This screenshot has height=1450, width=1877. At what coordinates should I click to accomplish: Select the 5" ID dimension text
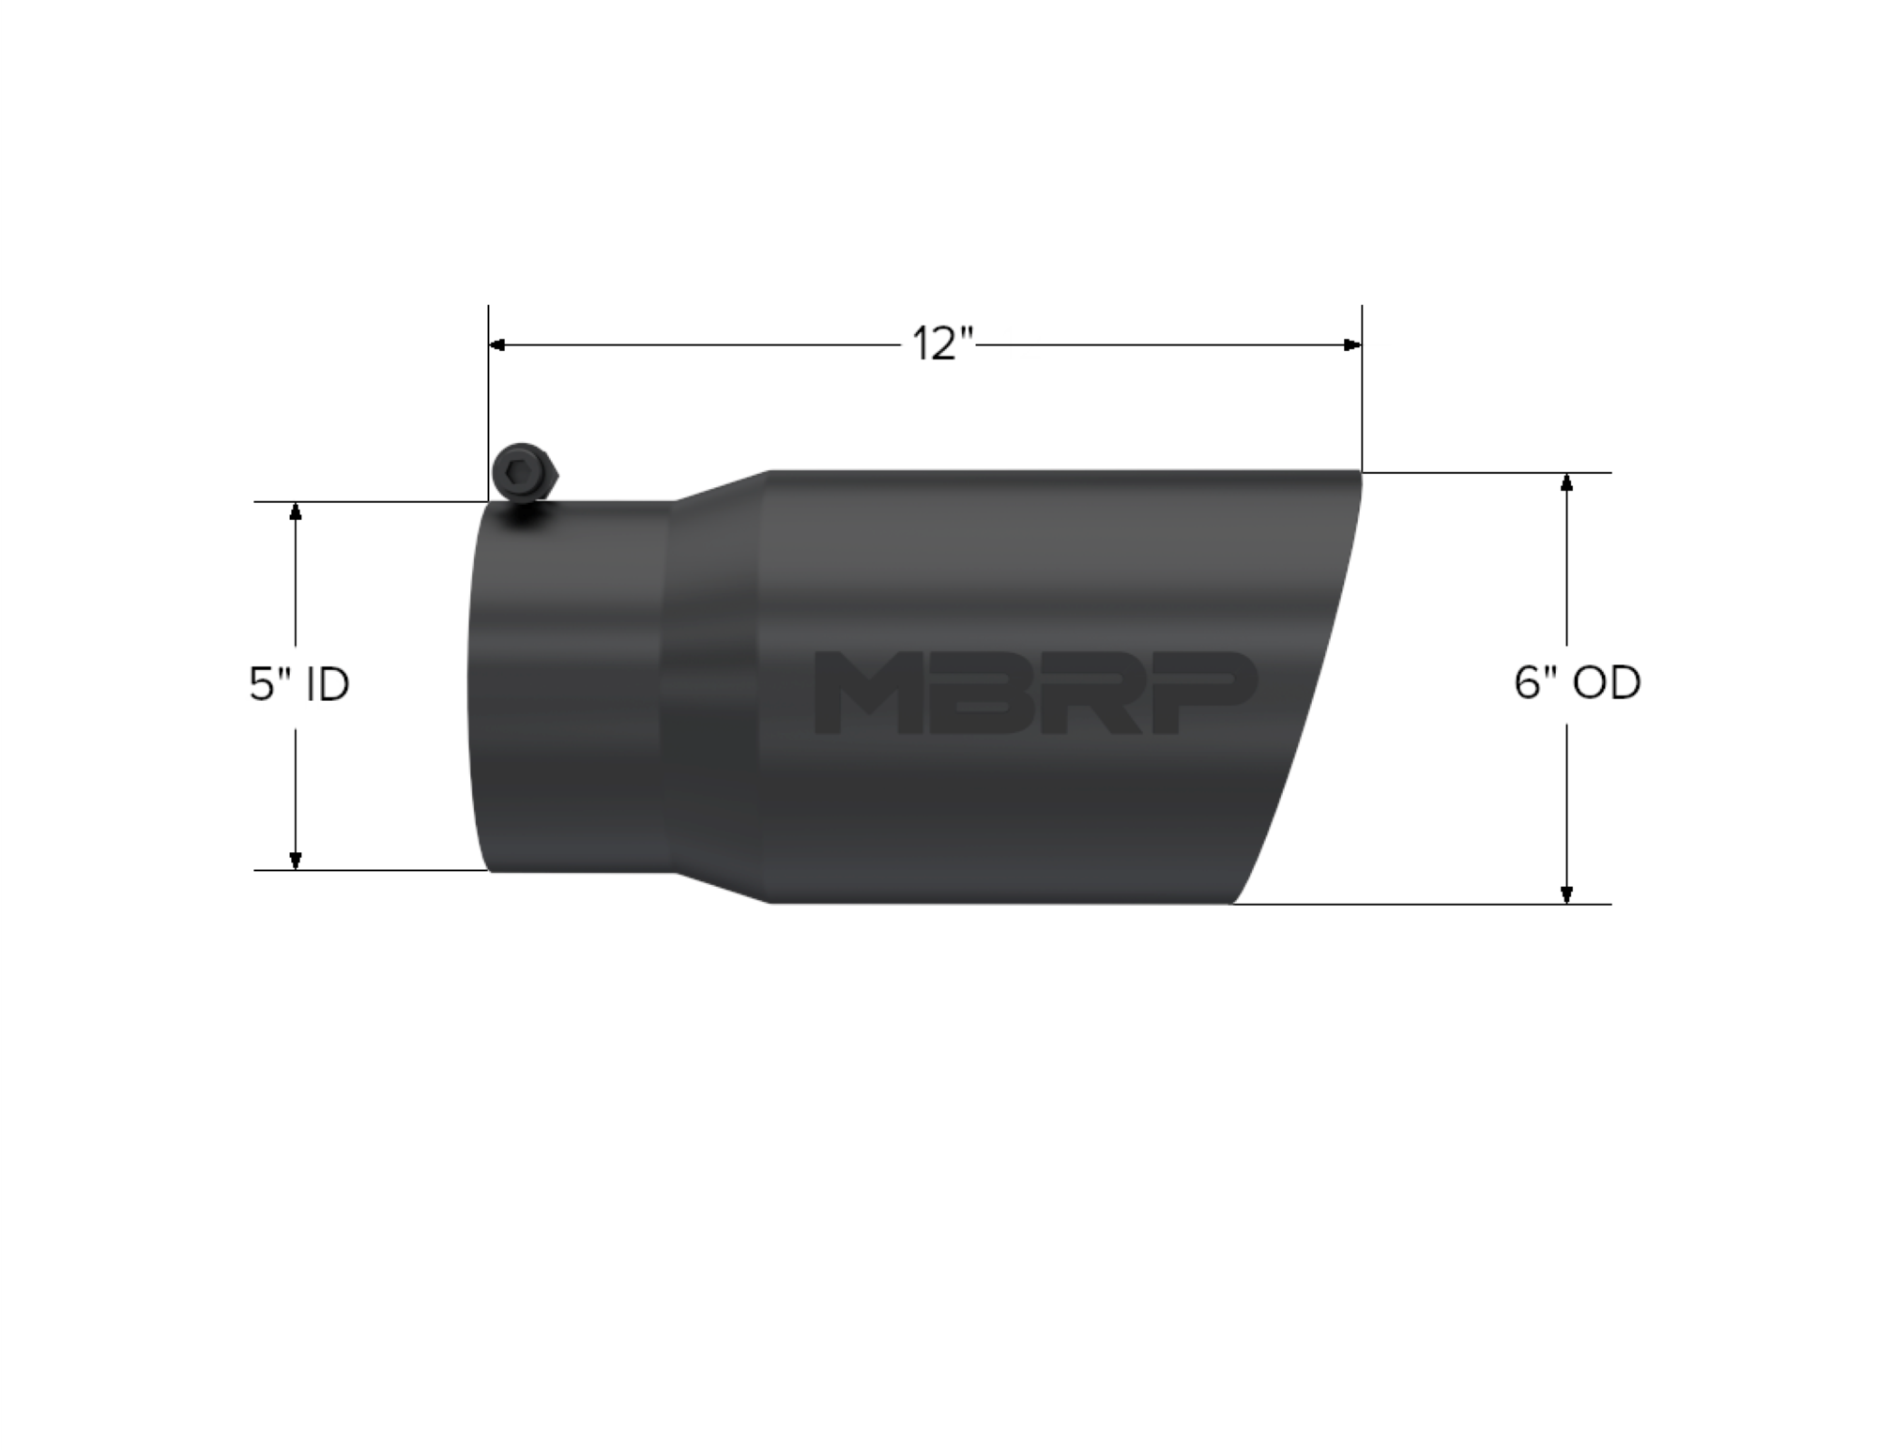(x=298, y=683)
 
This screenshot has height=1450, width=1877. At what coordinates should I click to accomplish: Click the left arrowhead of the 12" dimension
(x=497, y=345)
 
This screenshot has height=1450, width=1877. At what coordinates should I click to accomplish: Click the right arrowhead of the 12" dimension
(x=1352, y=345)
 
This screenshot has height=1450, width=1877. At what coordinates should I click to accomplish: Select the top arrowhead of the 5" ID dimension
(x=296, y=511)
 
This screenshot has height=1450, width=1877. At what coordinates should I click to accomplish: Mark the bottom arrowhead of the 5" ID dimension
(x=296, y=860)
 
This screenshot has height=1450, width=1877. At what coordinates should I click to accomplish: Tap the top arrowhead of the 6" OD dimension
(x=1565, y=482)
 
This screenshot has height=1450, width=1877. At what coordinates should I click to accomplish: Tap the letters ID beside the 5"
(x=327, y=683)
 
